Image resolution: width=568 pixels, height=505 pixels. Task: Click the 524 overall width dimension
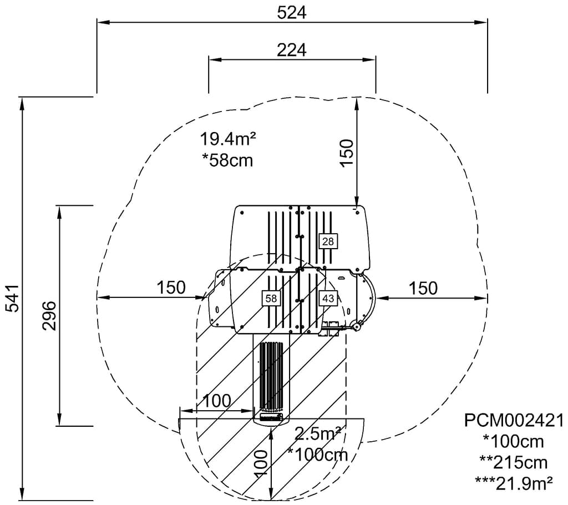click(x=292, y=13)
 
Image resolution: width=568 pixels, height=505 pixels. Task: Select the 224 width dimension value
click(x=292, y=50)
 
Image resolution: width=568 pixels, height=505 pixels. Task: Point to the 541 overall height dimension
click(x=13, y=299)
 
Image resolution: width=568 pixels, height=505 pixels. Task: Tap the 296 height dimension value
click(x=49, y=316)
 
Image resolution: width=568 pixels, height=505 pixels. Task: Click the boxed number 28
click(x=328, y=241)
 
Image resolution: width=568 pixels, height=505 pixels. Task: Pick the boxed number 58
click(x=271, y=298)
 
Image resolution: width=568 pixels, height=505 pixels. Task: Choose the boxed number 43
click(x=328, y=299)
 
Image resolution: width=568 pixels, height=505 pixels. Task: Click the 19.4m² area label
click(x=228, y=139)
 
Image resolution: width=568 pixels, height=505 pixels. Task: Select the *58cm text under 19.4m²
click(x=227, y=160)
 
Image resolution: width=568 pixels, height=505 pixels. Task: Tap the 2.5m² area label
click(x=318, y=433)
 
